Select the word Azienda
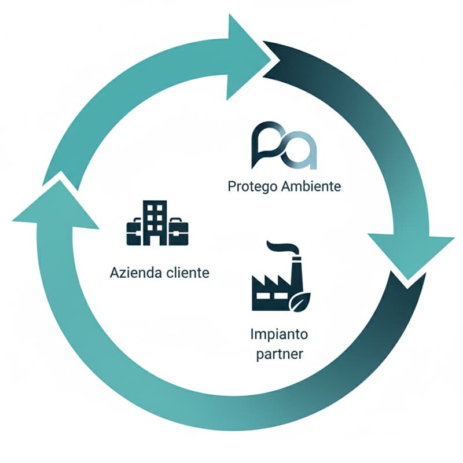click(133, 273)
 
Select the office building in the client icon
click(154, 222)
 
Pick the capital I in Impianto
click(252, 334)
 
